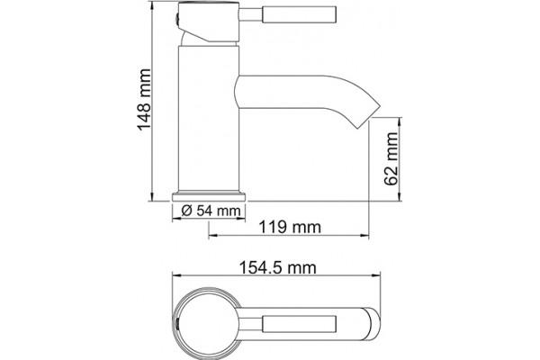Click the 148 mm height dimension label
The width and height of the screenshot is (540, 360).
tap(144, 100)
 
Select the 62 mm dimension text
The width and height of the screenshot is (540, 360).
tap(391, 159)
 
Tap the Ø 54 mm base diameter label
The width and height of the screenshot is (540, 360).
tap(211, 211)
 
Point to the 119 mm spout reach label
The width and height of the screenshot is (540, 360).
tap(290, 228)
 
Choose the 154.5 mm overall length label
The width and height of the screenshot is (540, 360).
tap(277, 267)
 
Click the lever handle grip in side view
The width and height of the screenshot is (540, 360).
tap(300, 14)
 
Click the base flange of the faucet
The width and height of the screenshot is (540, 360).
tap(209, 197)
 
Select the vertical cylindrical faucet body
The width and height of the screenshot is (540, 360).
tap(209, 119)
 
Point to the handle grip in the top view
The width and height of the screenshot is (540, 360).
tap(300, 324)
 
